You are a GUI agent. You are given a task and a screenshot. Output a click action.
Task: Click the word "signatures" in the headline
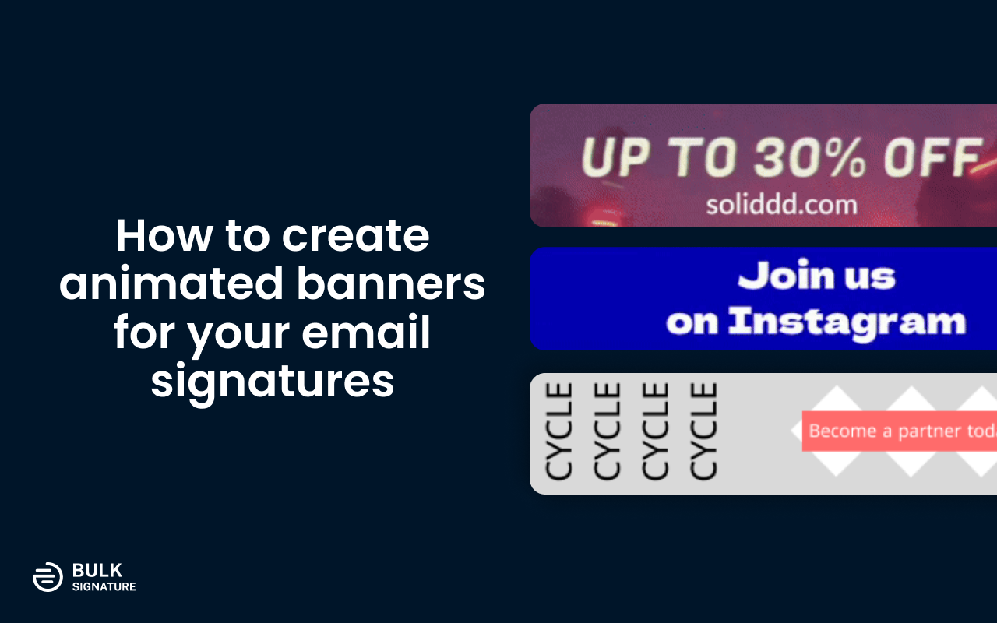[x=273, y=382]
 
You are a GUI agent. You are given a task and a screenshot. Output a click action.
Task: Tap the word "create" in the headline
[x=355, y=236]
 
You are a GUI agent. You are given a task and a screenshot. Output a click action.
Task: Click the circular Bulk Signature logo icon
[x=48, y=576]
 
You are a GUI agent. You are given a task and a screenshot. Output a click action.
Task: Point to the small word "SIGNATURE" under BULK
[x=104, y=586]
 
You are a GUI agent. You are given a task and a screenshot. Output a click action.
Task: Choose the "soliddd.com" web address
[x=781, y=205]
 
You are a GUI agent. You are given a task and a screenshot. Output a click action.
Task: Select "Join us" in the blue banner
[x=816, y=276]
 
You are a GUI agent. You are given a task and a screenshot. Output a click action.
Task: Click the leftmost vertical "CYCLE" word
[x=558, y=431]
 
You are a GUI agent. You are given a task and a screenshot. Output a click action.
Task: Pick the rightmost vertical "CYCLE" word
[x=703, y=431]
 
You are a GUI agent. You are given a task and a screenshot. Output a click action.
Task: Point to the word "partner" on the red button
[x=927, y=431]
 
